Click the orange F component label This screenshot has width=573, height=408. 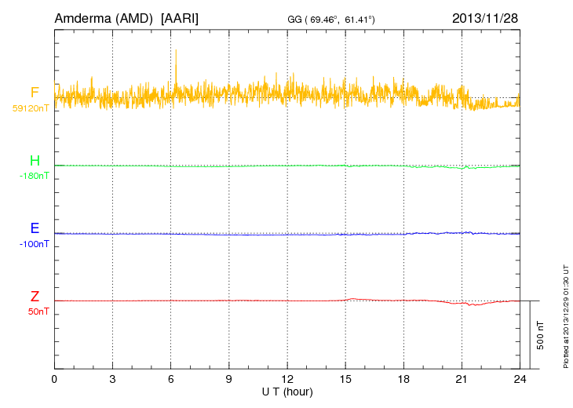35,93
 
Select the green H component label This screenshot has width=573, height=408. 35,161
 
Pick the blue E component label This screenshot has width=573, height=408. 35,229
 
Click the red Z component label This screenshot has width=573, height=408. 35,297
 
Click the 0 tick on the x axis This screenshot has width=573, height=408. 54,378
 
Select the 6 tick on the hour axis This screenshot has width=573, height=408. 170,378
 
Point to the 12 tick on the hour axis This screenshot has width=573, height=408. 286,378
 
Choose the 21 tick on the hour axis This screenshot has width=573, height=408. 461,378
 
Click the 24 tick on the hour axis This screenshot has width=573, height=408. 519,378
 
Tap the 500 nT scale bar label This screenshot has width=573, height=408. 541,334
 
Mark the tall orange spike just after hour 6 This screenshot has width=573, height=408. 177,59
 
